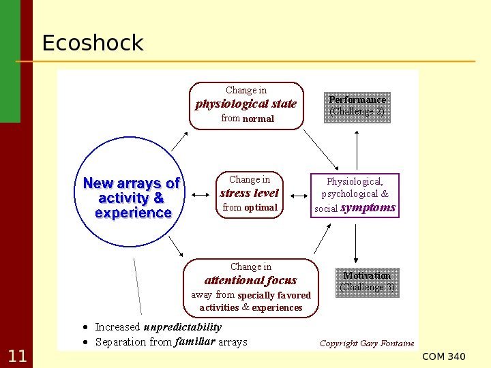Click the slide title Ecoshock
[x=92, y=44]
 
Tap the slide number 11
[x=16, y=356]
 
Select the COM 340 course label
[x=444, y=357]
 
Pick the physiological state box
[x=246, y=105]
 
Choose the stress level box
[x=249, y=194]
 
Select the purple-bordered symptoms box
[x=355, y=195]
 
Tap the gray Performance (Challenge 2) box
[x=357, y=106]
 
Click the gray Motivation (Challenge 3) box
[x=367, y=281]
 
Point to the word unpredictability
[x=183, y=327]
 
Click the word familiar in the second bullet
[x=195, y=341]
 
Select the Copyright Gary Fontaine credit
[x=367, y=343]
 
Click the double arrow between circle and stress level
[x=201, y=195]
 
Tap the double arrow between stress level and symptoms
[x=296, y=195]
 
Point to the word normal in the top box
[x=258, y=119]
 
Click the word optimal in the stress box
[x=261, y=207]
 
